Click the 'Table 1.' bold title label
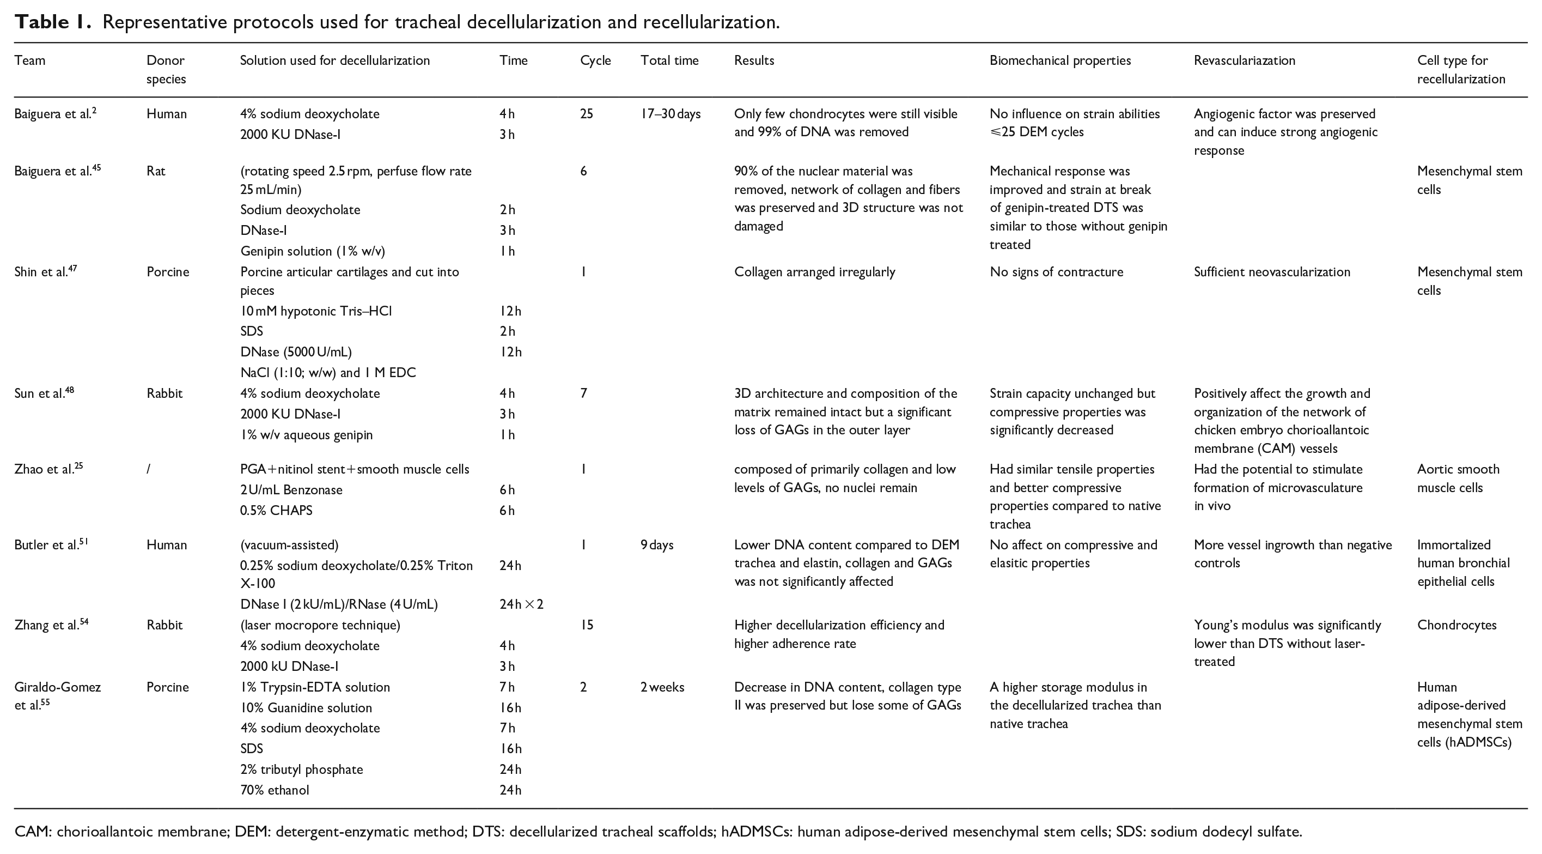point(53,22)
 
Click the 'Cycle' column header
point(595,60)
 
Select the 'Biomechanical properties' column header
point(1059,60)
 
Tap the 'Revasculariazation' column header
point(1244,60)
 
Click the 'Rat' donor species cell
point(156,171)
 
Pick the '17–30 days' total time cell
point(670,114)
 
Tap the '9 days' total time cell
point(657,545)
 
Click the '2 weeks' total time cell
point(662,688)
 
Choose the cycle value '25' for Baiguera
point(586,114)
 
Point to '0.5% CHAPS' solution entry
point(276,511)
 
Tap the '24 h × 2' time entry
point(521,604)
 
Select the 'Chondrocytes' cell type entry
point(1456,625)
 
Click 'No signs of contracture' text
point(1056,272)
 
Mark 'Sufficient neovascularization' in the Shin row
point(1271,272)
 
